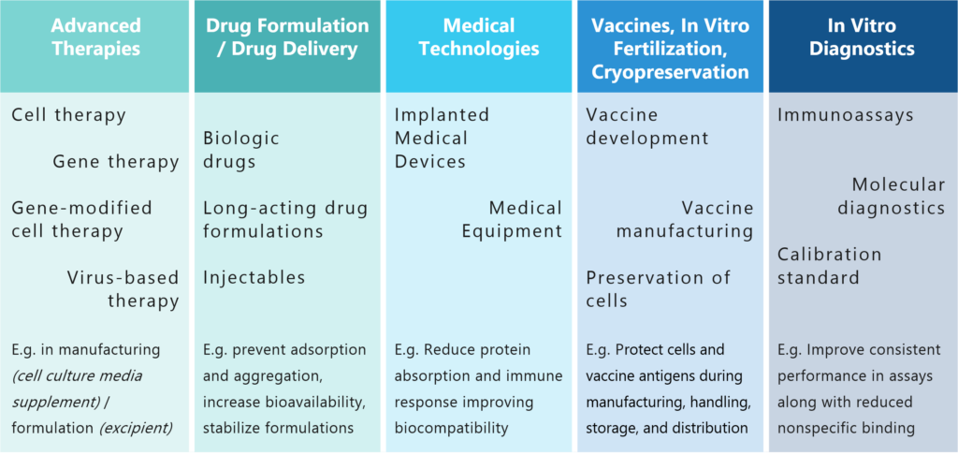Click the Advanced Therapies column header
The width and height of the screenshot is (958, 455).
point(96,37)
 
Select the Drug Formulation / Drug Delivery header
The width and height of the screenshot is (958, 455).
point(287,37)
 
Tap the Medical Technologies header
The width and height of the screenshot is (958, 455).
point(479,37)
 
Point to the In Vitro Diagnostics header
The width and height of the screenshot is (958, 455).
point(862,37)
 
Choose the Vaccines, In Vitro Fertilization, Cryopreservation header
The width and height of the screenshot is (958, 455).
point(670,49)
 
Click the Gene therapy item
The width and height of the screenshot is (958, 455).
point(116,161)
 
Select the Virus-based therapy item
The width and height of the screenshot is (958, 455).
point(123,289)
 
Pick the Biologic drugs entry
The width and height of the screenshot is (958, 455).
point(241,150)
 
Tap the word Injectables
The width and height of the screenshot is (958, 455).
point(254,278)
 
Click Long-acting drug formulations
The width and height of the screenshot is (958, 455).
point(286,220)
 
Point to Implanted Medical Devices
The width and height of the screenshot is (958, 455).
point(442,139)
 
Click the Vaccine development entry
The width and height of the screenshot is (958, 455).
point(647,126)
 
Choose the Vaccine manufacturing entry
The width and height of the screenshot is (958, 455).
point(685,220)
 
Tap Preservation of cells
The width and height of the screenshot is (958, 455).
point(659,289)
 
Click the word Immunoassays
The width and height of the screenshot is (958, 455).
point(846,115)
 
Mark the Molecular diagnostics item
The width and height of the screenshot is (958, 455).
point(892,197)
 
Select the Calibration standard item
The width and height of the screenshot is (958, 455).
point(829,266)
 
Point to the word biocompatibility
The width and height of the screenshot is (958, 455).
point(452,428)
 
